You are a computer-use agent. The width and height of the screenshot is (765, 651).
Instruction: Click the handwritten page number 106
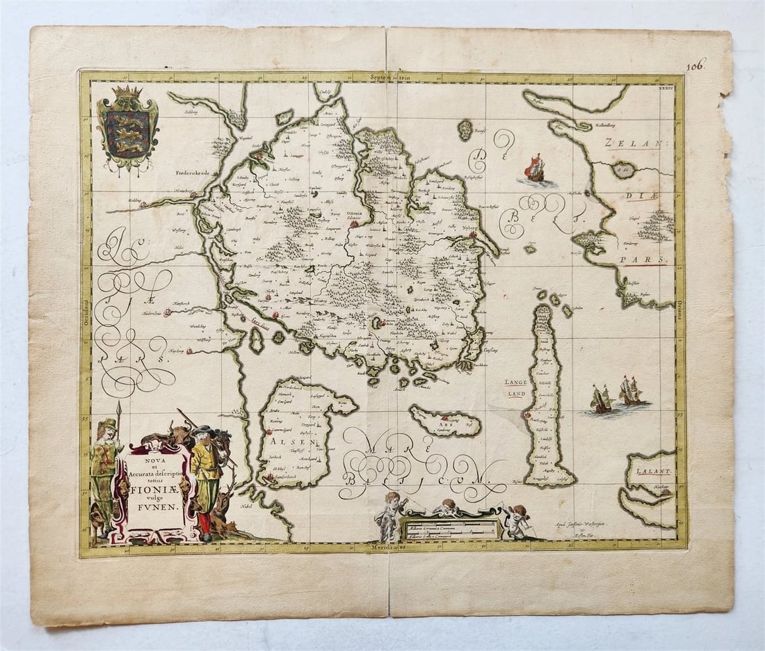click(695, 65)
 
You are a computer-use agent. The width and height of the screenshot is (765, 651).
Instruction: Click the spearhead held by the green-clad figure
click(119, 409)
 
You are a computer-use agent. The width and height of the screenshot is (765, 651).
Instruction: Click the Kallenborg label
click(592, 126)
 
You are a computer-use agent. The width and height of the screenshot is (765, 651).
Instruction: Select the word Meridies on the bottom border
click(380, 549)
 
